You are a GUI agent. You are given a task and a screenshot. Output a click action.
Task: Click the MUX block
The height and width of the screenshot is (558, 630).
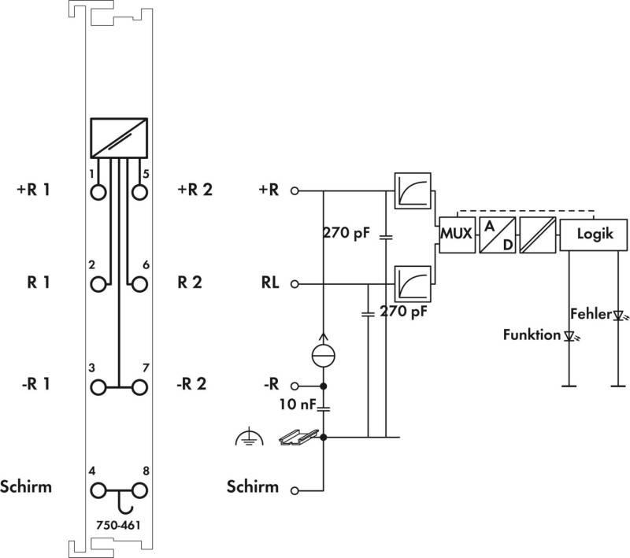[458, 235]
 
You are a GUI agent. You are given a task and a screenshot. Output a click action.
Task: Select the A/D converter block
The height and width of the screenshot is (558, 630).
[498, 235]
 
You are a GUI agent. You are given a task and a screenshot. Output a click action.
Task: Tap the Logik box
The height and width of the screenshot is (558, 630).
[594, 235]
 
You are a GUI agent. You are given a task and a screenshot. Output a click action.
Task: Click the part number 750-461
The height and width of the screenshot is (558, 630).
[119, 525]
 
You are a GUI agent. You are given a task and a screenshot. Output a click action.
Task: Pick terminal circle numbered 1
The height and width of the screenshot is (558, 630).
[98, 192]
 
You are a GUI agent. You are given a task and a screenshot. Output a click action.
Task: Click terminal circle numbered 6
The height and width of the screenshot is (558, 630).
[139, 284]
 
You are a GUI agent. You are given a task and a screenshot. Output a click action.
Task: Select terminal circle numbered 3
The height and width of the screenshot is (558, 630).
[98, 388]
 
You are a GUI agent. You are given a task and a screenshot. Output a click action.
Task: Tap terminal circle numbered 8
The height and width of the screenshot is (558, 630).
[139, 490]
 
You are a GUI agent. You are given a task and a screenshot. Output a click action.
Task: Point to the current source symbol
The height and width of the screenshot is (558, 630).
[324, 355]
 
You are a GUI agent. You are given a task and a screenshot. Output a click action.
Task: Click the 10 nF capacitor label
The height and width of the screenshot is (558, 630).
[298, 405]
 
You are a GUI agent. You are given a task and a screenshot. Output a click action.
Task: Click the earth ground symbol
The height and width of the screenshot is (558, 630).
[250, 438]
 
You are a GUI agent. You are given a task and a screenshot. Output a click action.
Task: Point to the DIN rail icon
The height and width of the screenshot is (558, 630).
[299, 437]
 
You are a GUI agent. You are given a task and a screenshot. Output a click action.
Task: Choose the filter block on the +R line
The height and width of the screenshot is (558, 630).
[413, 191]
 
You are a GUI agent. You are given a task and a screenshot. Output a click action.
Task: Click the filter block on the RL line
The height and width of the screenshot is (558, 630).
[413, 284]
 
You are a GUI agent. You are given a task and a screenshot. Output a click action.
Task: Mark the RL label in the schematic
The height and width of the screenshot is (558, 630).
[270, 283]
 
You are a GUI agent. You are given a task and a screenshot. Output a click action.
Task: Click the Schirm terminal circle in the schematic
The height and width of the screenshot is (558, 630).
[295, 490]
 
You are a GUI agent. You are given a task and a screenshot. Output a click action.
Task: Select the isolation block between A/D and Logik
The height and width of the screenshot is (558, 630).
[538, 235]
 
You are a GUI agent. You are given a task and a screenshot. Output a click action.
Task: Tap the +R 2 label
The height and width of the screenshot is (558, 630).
[195, 190]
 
